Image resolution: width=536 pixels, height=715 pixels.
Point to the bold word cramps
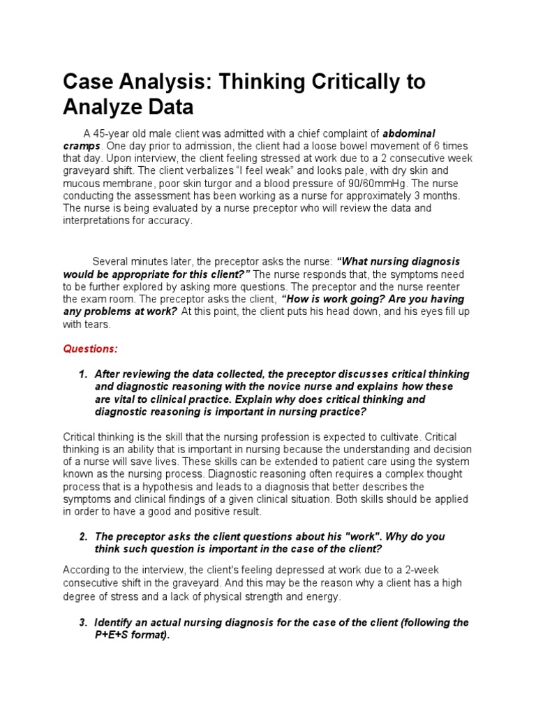coord(82,146)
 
